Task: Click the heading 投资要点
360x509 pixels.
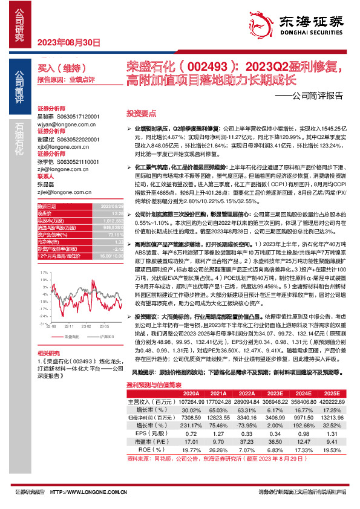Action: pos(141,113)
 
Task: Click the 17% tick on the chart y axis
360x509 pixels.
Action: pos(44,273)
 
